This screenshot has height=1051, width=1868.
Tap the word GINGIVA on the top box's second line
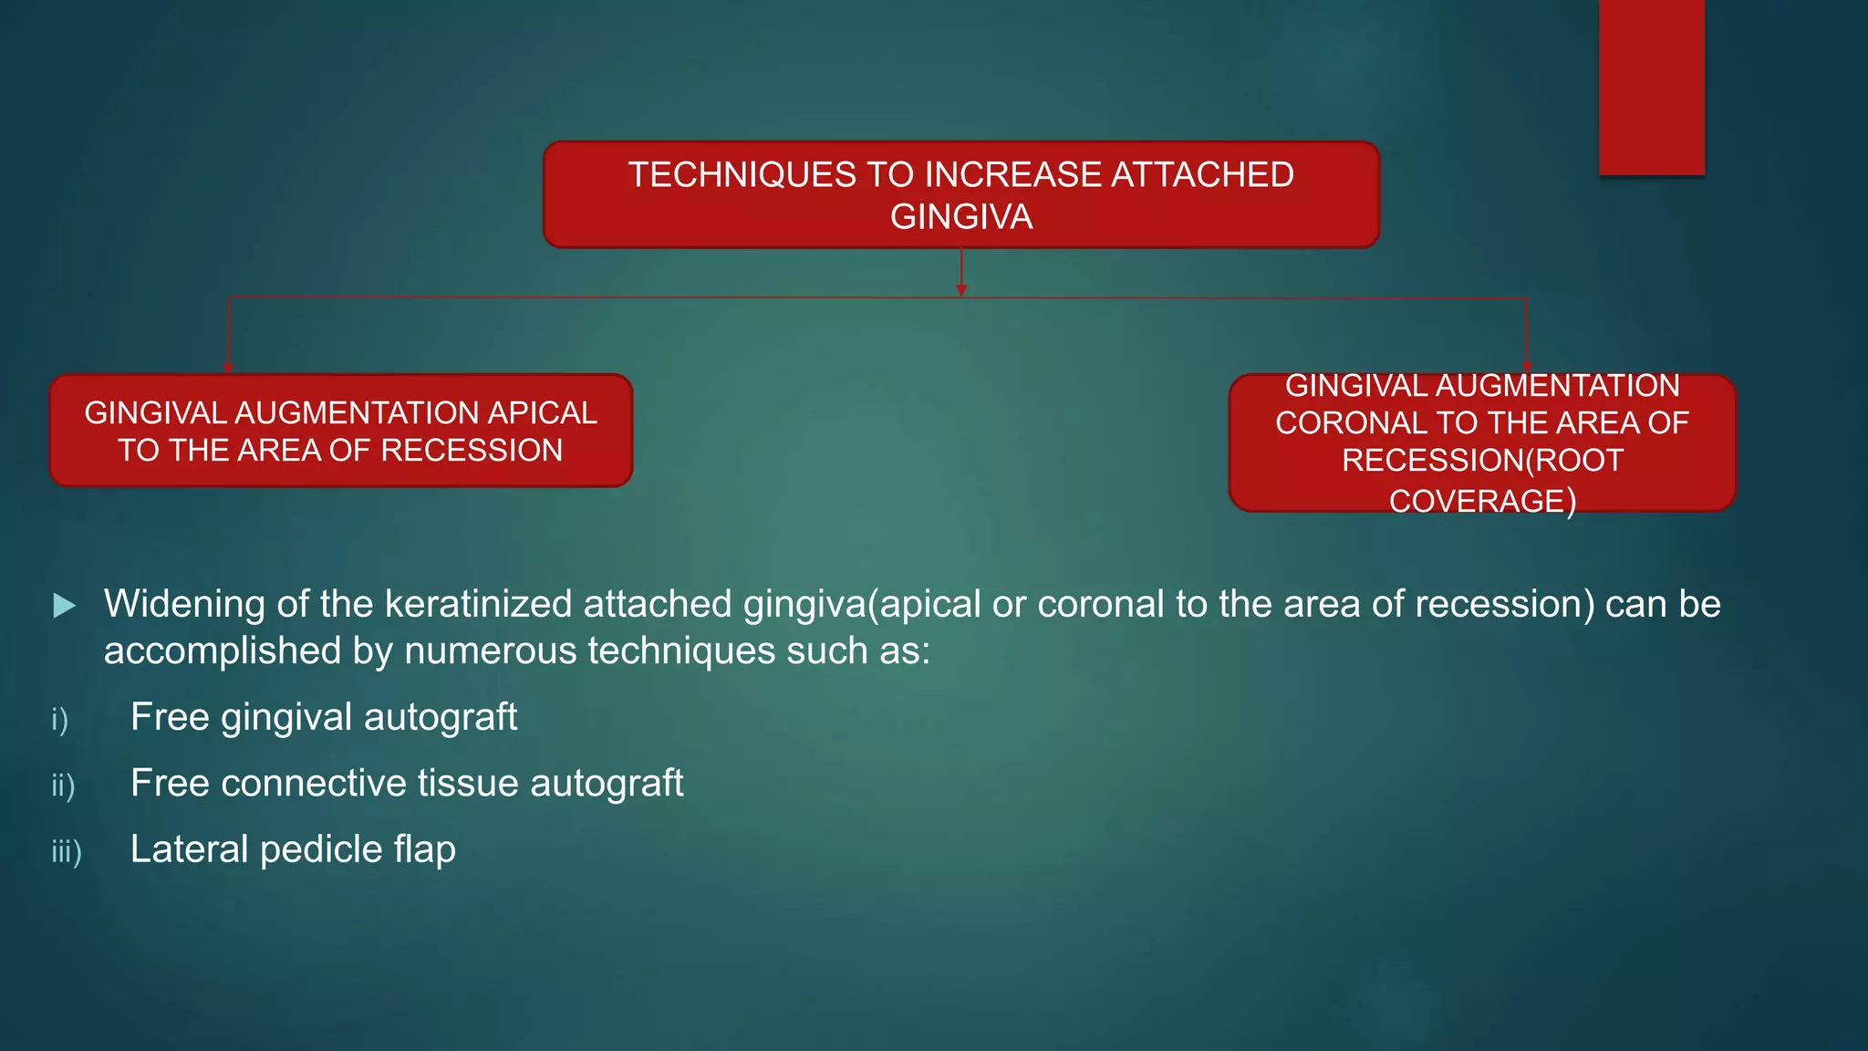961,217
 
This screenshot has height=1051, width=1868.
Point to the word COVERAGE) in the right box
1482,501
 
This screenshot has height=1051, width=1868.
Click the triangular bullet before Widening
64,605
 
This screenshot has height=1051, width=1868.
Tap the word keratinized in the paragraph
479,605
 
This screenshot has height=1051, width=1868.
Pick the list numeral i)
60,720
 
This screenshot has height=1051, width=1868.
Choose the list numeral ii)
63,786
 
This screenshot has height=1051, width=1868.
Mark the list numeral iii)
67,852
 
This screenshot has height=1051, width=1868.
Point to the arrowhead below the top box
961,290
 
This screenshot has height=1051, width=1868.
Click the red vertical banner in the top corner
1651,88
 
